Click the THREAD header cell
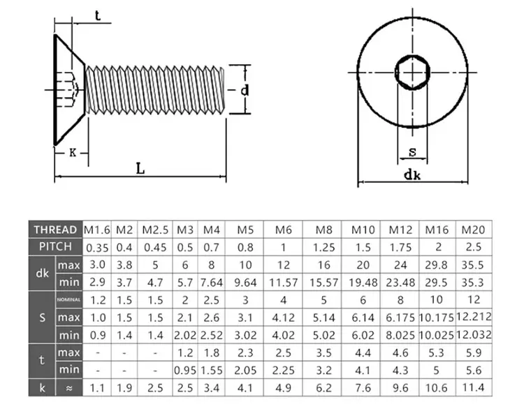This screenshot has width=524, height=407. click(x=55, y=230)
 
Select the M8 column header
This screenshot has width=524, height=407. click(x=322, y=230)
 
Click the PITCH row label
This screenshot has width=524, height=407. click(x=55, y=247)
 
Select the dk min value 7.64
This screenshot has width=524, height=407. click(x=210, y=282)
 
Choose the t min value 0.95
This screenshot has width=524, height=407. click(x=184, y=369)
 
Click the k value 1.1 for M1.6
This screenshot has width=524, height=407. click(x=97, y=387)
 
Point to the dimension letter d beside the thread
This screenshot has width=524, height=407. click(x=244, y=90)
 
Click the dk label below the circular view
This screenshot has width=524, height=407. click(x=412, y=176)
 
